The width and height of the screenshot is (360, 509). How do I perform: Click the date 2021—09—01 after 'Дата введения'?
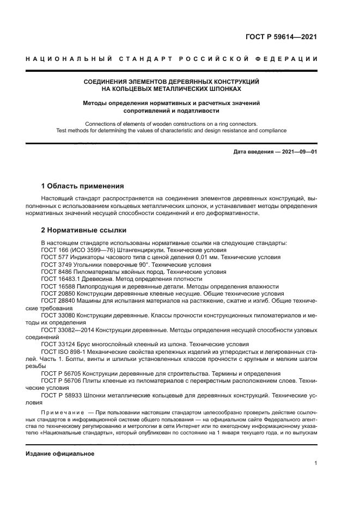point(298,152)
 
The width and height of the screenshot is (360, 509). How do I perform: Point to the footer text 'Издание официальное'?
point(60,454)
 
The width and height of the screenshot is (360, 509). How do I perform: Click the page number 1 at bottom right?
point(315,464)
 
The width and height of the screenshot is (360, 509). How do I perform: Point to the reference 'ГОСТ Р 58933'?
point(61,396)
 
